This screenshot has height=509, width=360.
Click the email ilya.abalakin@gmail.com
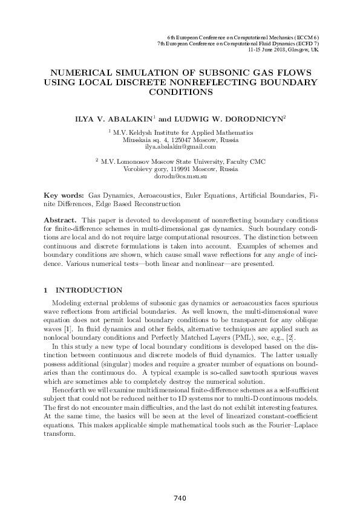pyautogui.click(x=180, y=146)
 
